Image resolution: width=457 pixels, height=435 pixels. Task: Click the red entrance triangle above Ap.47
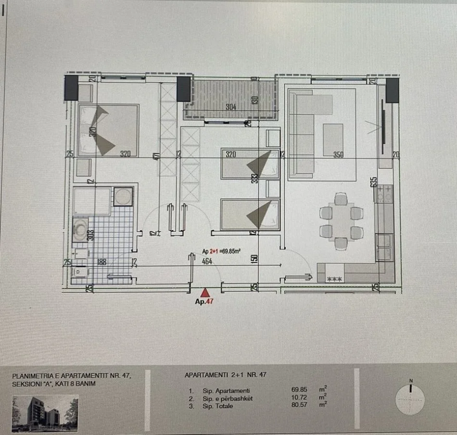click(x=205, y=292)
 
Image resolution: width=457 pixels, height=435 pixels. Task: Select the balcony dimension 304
click(x=230, y=107)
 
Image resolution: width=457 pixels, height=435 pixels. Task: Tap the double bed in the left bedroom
click(x=108, y=130)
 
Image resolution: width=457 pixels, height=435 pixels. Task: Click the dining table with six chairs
click(x=341, y=221)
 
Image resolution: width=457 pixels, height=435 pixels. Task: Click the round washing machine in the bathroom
click(x=124, y=195)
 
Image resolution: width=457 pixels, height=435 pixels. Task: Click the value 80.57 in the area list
click(x=299, y=406)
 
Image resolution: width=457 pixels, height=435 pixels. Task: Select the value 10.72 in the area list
click(x=299, y=398)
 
